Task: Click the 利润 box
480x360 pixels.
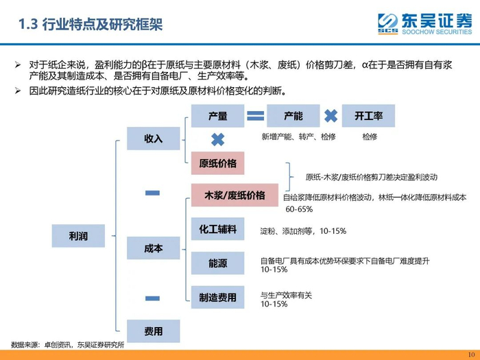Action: [x=77, y=235]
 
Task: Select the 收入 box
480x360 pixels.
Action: [x=153, y=139]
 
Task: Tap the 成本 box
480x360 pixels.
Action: [x=153, y=248]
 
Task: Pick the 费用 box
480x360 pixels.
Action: [x=153, y=331]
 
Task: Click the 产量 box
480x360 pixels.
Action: [x=217, y=116]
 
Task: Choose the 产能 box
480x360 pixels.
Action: [x=293, y=116]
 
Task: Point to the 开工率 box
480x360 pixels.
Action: [x=368, y=116]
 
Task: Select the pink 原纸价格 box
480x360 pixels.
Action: [x=217, y=163]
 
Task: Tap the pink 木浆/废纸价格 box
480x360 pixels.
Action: [x=235, y=195]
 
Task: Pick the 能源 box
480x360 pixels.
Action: [x=217, y=263]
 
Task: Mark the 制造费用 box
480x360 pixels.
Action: [x=217, y=297]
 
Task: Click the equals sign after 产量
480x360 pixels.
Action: [x=255, y=116]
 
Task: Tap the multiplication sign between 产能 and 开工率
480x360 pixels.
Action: [x=331, y=116]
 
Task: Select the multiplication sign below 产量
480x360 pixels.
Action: [x=217, y=140]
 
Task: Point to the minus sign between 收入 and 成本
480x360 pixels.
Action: [x=153, y=194]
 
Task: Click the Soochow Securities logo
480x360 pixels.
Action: [x=425, y=24]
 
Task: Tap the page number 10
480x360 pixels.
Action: [x=470, y=354]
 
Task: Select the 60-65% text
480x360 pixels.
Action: [x=298, y=208]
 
